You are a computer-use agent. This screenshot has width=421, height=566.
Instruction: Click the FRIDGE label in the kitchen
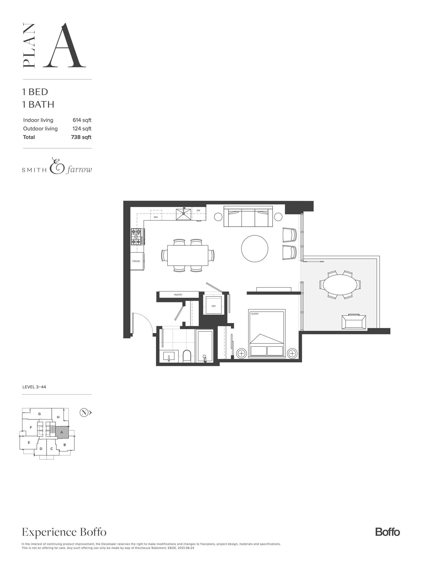pos(136,261)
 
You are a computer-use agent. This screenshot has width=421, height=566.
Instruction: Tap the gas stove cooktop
pos(136,237)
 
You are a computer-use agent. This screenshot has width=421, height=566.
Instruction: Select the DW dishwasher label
pos(198,211)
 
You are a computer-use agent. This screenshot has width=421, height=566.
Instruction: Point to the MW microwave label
pos(156,217)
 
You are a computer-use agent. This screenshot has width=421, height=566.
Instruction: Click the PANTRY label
pos(178,295)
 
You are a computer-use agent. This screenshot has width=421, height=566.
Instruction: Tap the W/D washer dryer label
pos(213,306)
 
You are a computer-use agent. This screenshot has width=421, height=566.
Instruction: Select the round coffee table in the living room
pos(254,248)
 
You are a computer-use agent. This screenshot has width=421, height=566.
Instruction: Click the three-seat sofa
pos(248,216)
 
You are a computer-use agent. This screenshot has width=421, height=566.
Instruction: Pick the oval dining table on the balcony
pos(340,284)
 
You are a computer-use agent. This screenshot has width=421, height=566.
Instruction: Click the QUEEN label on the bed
pos(254,314)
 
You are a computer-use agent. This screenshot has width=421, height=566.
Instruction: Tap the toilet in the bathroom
pos(187,356)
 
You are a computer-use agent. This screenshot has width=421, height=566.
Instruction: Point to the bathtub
pos(205,346)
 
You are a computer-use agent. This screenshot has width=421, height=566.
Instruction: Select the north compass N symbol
pos(84,412)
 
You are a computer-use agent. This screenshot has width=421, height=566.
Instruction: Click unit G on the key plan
pos(39,414)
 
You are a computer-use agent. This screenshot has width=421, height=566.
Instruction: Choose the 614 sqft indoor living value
pos(82,120)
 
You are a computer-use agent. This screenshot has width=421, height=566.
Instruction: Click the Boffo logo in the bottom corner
pos(387,532)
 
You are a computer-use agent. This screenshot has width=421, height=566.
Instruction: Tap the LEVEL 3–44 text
pos(34,387)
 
